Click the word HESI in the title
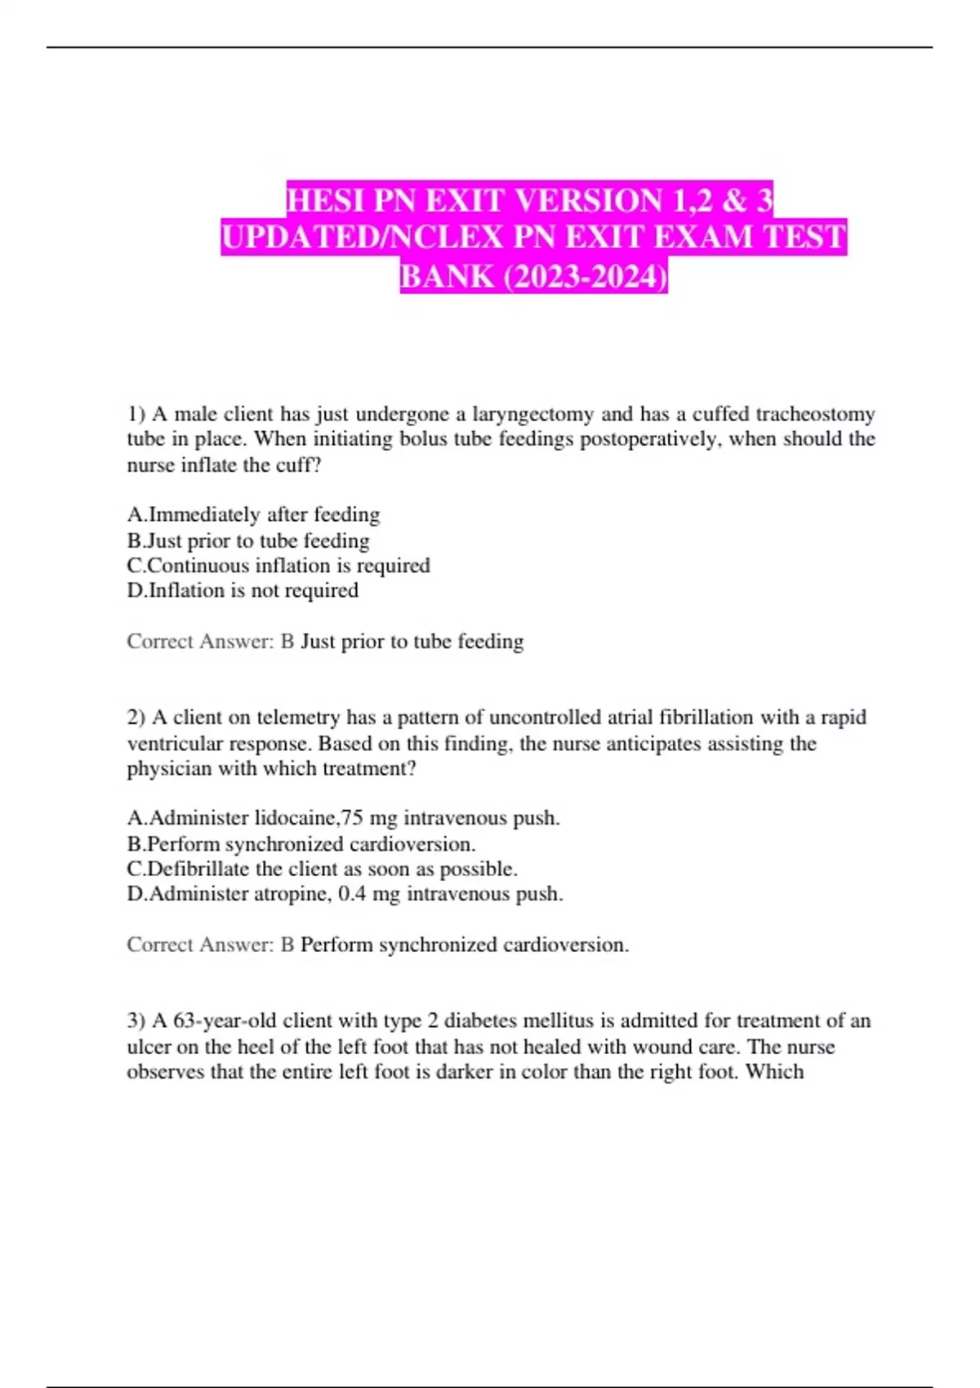tap(327, 200)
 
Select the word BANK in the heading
tap(447, 276)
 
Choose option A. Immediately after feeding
tap(253, 514)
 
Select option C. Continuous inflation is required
tap(278, 565)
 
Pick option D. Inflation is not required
tap(243, 590)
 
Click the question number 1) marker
tap(136, 415)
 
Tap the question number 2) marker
tap(136, 718)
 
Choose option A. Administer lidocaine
tap(343, 817)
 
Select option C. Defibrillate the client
tap(322, 869)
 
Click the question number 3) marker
tap(136, 1021)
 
